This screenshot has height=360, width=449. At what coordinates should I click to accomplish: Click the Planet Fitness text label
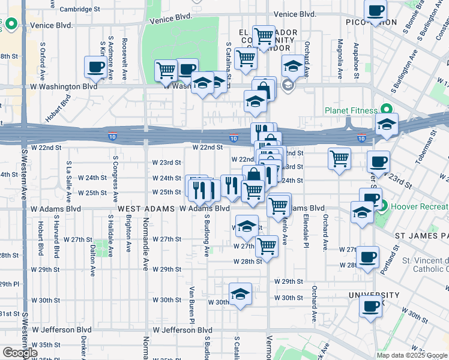point(351,110)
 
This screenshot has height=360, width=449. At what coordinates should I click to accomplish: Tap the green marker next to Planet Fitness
point(387,109)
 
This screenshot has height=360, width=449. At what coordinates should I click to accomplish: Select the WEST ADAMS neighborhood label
point(142,208)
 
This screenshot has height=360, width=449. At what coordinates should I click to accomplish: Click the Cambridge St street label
point(80,10)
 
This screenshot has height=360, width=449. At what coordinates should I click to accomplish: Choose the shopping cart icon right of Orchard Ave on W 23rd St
point(339,158)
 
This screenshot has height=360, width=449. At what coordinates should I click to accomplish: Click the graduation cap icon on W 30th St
point(240,294)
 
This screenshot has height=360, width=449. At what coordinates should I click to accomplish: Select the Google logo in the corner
point(20,353)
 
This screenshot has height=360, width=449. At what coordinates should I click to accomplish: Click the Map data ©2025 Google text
point(411,355)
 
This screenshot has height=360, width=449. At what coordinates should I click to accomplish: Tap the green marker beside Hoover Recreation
point(383,207)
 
